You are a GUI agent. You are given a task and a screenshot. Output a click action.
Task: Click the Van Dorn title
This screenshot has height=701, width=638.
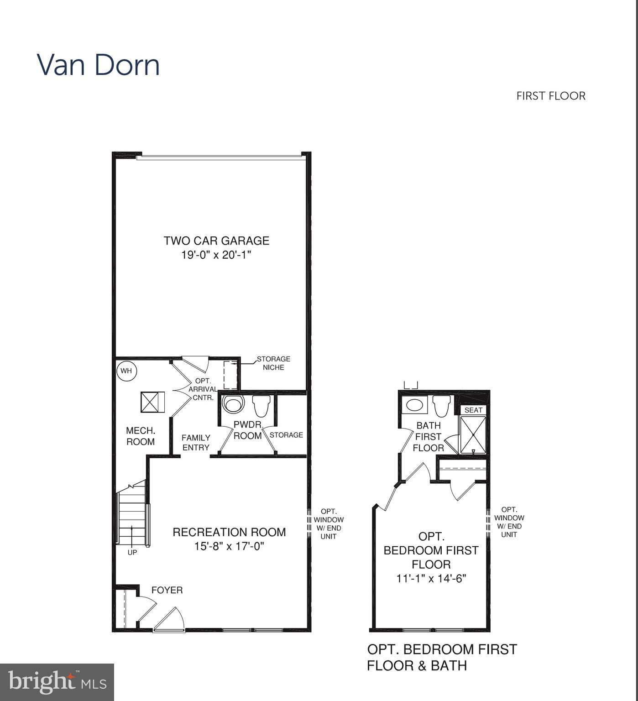pos(98,65)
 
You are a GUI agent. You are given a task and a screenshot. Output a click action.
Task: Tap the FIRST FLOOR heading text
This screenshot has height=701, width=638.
pos(550,96)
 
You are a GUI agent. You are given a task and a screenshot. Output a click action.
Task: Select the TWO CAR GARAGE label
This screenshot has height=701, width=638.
pos(216,241)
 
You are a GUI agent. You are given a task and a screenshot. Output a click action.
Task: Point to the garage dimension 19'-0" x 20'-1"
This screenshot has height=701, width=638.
pos(216,255)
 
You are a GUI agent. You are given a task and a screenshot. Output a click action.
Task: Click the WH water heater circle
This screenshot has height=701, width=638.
pos(126,371)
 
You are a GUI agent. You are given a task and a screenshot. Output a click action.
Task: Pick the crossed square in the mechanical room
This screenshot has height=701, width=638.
pos(152,402)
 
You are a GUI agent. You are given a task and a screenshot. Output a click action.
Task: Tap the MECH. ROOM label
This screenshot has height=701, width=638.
pos(141,436)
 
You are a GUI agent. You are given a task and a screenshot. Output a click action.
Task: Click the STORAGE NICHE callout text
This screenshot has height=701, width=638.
pos(273,363)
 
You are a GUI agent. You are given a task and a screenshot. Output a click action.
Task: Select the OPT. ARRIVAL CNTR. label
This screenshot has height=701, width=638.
pos(203,389)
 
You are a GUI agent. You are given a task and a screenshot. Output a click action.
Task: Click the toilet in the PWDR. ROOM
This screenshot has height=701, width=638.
pos(261,405)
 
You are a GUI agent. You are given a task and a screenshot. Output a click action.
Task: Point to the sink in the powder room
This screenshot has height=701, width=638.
pos(234,404)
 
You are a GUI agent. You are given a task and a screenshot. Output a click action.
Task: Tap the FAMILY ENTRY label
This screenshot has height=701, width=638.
pos(196,442)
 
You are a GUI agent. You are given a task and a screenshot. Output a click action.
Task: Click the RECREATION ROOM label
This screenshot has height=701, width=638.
pos(229,532)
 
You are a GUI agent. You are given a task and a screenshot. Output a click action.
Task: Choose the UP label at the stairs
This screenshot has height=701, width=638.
pos(132,552)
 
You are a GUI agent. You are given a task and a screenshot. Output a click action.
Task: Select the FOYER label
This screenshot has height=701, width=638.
pos(167,590)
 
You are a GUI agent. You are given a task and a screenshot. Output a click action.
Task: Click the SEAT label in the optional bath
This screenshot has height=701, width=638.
pos(473,410)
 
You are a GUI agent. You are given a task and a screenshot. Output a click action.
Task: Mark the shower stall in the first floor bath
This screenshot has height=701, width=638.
pos(473,435)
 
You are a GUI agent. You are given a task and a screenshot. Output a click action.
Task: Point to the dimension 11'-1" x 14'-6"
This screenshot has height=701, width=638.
pos(431,578)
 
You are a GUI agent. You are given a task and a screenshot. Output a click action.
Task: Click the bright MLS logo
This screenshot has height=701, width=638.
pos(57,682)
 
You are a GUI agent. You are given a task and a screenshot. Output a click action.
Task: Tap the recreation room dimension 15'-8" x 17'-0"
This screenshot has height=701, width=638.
pos(229,546)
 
